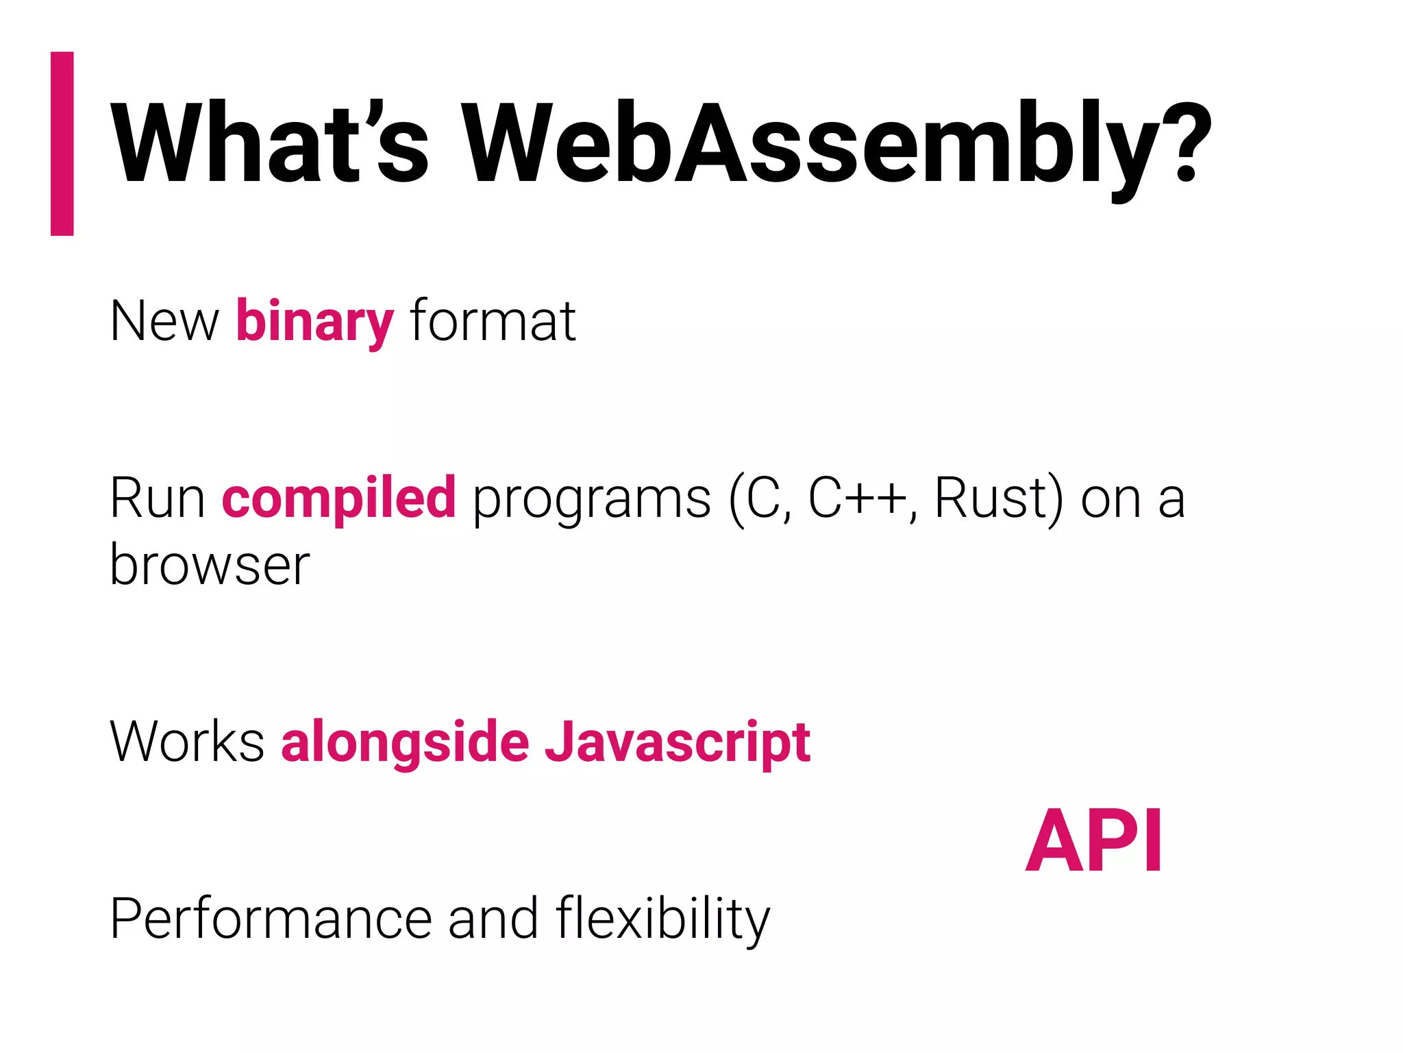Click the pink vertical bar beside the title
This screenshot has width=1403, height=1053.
tap(62, 143)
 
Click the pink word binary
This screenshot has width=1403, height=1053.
tap(314, 322)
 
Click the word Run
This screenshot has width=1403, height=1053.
tap(158, 498)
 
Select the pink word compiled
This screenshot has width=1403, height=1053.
tap(338, 498)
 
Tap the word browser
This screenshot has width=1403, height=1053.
tap(210, 566)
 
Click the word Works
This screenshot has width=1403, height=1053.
tap(187, 742)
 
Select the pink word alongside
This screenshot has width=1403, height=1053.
tap(405, 743)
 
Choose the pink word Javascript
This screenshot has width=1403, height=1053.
tap(678, 743)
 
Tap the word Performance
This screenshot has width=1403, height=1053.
tap(271, 919)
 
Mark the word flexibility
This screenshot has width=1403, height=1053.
tap(662, 919)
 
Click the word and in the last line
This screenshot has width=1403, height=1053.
tap(493, 919)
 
